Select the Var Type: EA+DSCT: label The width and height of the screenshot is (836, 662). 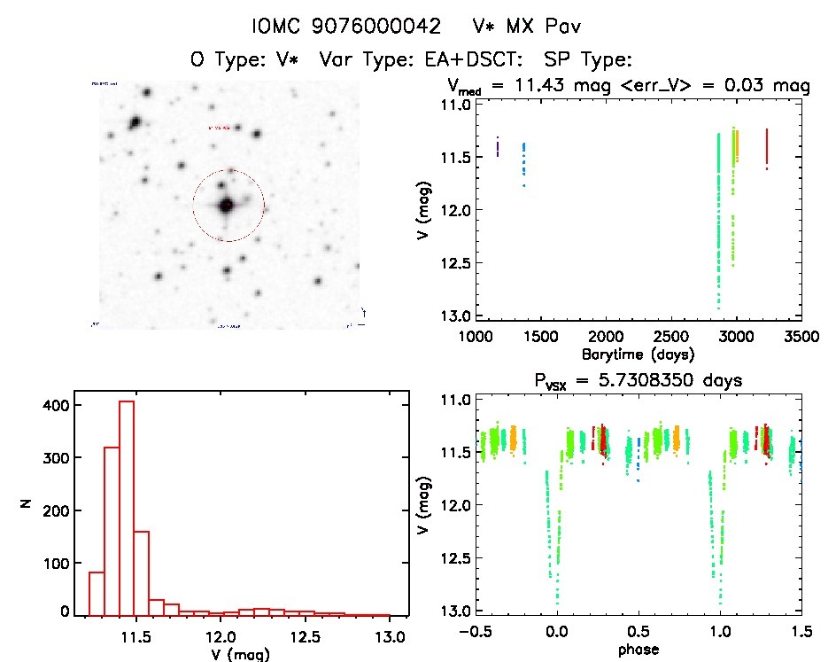pyautogui.click(x=410, y=60)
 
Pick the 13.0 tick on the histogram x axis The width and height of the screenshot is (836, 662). pyautogui.click(x=391, y=636)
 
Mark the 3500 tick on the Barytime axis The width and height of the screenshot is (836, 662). pyautogui.click(x=801, y=337)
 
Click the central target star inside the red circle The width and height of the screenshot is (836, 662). pyautogui.click(x=227, y=205)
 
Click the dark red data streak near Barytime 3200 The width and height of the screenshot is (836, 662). pyautogui.click(x=766, y=149)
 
